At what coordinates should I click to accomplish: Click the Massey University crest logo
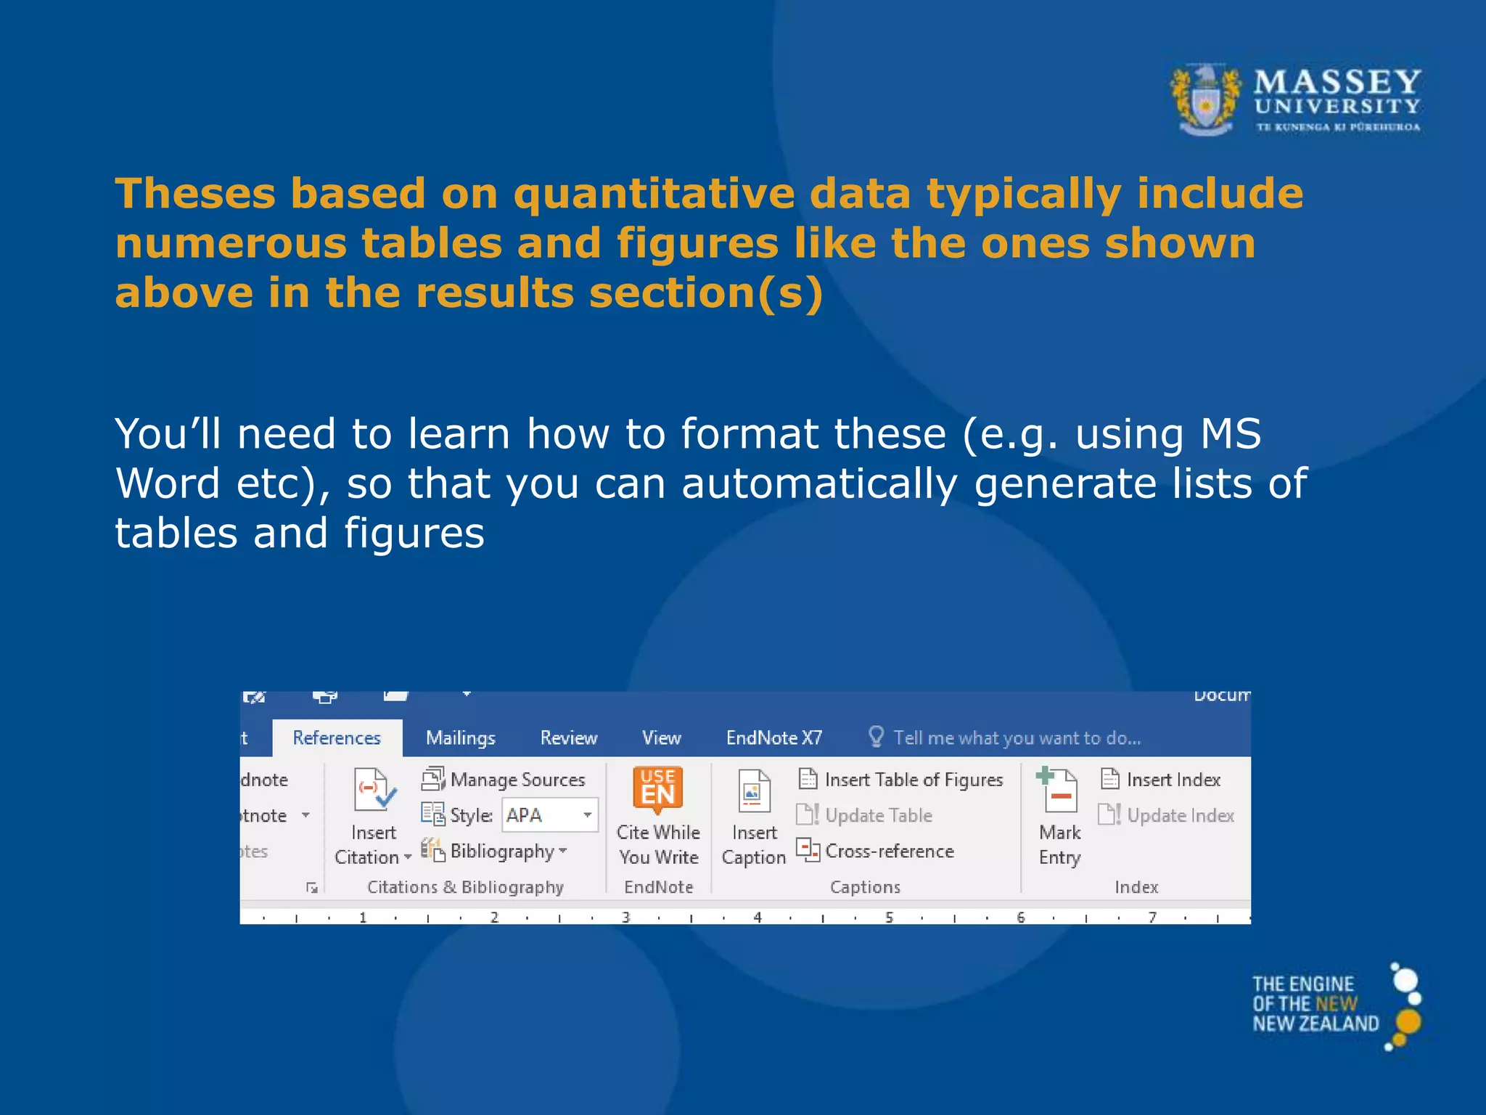tap(1205, 101)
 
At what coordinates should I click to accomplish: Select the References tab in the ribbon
tap(337, 738)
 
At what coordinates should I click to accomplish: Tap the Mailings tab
tap(460, 738)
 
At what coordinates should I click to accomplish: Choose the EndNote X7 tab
tap(773, 738)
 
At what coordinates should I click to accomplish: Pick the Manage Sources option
tap(517, 780)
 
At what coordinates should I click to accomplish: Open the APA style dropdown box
tap(549, 815)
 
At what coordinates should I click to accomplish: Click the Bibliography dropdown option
tap(502, 851)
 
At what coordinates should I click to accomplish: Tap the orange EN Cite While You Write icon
tap(657, 789)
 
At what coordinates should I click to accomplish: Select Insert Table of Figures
tap(913, 780)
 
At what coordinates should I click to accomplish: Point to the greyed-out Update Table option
tap(878, 815)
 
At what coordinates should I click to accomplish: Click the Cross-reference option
tap(889, 851)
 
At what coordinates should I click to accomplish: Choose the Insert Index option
tap(1173, 780)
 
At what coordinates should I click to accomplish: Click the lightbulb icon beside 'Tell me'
tap(876, 737)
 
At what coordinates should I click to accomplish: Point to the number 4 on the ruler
tap(758, 918)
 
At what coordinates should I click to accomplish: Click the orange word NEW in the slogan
tap(1336, 1004)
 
